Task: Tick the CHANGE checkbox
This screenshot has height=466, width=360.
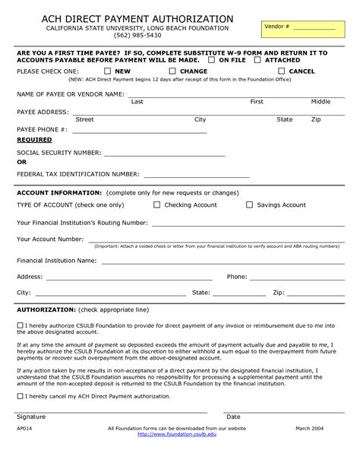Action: click(172, 71)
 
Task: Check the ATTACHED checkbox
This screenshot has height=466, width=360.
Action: click(258, 59)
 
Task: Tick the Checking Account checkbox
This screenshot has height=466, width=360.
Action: click(157, 204)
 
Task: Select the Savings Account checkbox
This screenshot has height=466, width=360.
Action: click(249, 204)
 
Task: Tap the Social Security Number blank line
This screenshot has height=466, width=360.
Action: click(164, 154)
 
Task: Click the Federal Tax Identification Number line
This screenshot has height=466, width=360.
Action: click(196, 176)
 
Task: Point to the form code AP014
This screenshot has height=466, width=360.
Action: click(24, 449)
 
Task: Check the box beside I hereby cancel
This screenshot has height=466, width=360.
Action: click(20, 397)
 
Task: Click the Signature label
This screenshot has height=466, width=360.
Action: click(31, 417)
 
